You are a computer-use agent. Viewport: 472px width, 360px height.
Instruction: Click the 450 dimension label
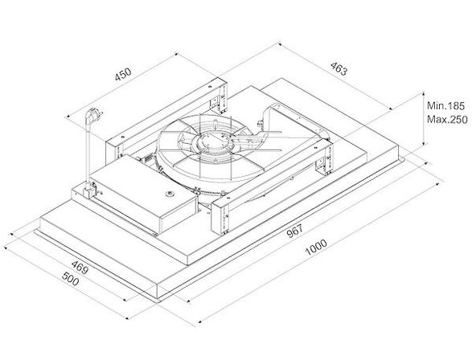click(123, 74)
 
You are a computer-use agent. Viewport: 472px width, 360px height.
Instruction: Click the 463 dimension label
click(339, 68)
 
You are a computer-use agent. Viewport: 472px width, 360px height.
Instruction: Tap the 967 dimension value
click(294, 231)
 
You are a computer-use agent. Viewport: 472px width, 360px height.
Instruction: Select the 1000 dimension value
click(316, 247)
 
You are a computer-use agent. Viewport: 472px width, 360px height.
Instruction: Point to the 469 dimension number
click(80, 268)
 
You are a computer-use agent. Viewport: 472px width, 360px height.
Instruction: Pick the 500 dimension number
click(71, 279)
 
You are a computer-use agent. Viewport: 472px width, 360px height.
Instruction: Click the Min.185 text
click(445, 106)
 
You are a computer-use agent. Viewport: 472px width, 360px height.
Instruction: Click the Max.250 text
click(447, 120)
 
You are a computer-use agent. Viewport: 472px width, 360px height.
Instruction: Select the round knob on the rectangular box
click(170, 194)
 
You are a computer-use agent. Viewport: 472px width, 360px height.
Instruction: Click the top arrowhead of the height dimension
click(423, 95)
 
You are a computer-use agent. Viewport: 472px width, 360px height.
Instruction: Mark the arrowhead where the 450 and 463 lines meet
click(176, 54)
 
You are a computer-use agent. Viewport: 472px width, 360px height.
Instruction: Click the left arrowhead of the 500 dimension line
click(6, 247)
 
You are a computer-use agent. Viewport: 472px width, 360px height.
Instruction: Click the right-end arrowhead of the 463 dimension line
click(391, 108)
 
